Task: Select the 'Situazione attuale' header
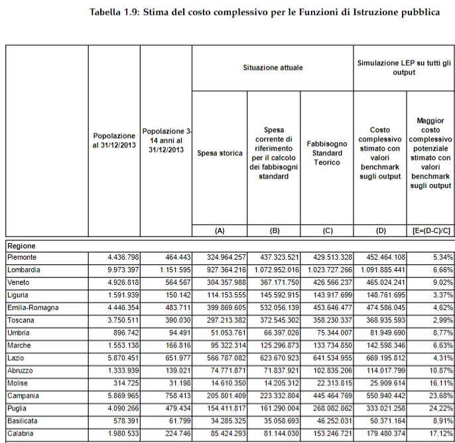pyautogui.click(x=272, y=68)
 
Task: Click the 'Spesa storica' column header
pyautogui.click(x=220, y=153)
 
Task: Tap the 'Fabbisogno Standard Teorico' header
pyautogui.click(x=326, y=153)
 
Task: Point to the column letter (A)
pyautogui.click(x=220, y=230)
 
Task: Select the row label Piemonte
pyautogui.click(x=23, y=257)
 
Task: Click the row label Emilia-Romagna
pyautogui.click(x=32, y=308)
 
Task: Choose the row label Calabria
pyautogui.click(x=21, y=433)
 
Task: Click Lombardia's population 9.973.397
pyautogui.click(x=120, y=270)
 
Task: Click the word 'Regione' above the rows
pyautogui.click(x=22, y=245)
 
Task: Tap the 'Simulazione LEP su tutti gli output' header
pyautogui.click(x=404, y=68)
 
